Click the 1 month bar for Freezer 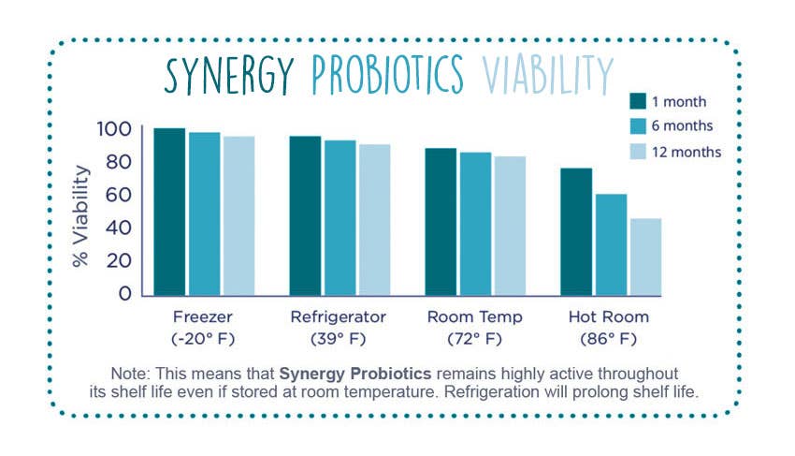pos(169,212)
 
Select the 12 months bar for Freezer pos(238,215)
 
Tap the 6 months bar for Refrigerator pos(340,217)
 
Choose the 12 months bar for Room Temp pos(511,226)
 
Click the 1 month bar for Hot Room pos(576,231)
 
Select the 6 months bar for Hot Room pos(611,244)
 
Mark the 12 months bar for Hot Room pos(645,257)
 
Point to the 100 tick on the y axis pos(115,129)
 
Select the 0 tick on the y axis pos(124,294)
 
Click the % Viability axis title pos(81,216)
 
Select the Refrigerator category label pos(338,316)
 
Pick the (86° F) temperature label pos(608,337)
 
